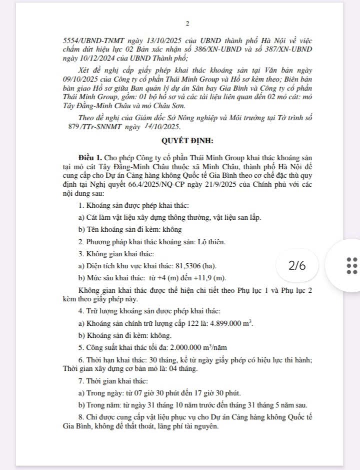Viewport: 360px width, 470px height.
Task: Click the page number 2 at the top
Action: tap(187, 23)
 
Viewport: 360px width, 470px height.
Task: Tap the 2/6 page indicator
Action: tap(296, 265)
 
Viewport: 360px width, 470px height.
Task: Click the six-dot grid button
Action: tap(351, 265)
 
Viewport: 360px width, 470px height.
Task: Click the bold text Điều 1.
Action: tap(89, 158)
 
